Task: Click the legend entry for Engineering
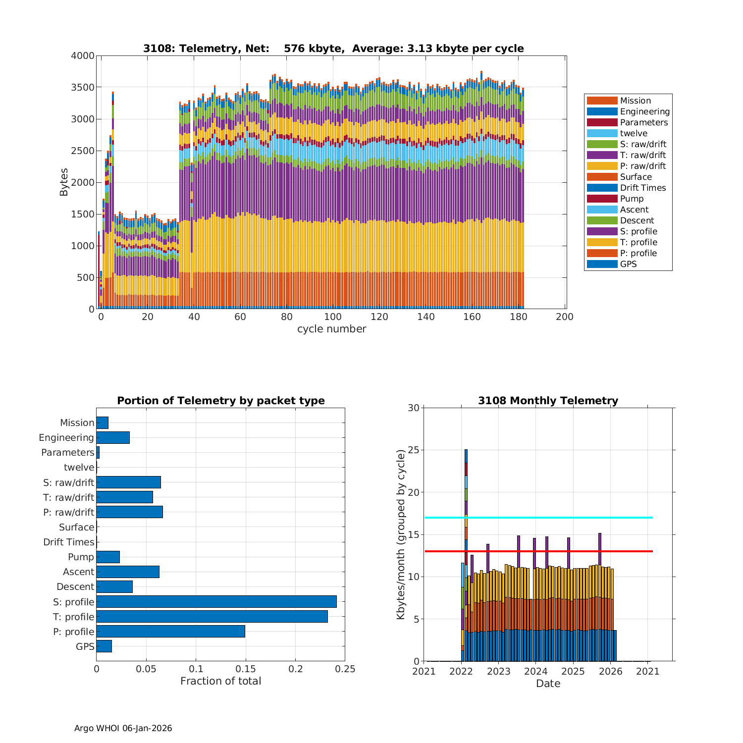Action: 644,111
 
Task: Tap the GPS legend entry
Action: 628,264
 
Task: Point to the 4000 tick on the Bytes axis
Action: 83,56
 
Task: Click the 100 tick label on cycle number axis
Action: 333,317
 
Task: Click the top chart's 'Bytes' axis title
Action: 64,182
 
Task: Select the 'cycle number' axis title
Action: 331,329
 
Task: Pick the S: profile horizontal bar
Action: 216,602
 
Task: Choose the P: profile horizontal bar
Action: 170,632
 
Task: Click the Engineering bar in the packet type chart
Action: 113,437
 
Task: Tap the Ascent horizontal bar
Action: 128,572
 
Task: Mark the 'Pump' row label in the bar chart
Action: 81,557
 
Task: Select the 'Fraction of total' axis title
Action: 220,681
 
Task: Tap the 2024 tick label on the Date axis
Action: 535,672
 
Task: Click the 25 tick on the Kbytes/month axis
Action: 414,450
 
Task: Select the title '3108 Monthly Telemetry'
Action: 548,401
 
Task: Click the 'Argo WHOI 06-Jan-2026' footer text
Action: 123,728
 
